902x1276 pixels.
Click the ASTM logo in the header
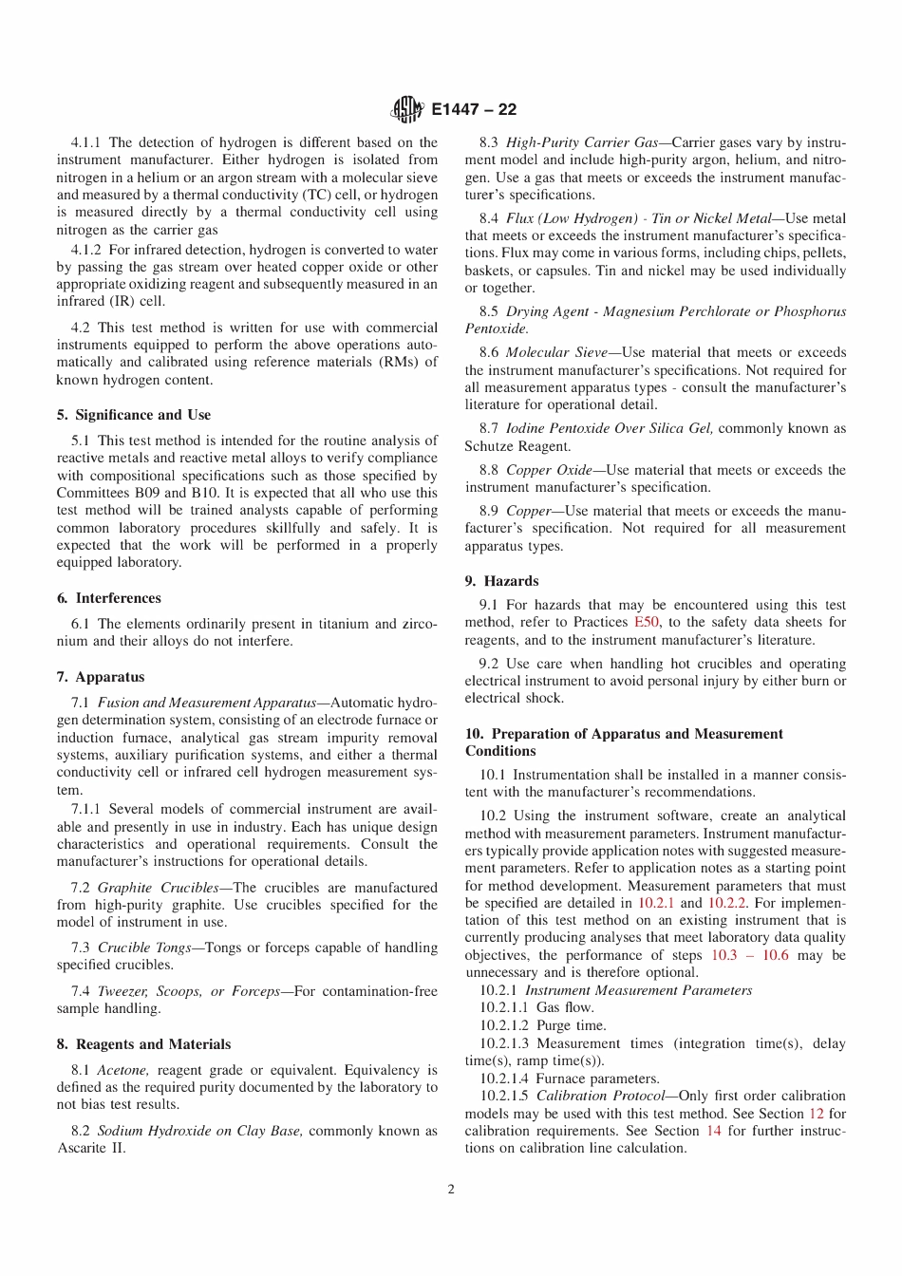(x=407, y=110)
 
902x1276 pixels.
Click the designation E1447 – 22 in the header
(x=474, y=110)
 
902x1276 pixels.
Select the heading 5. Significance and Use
(x=134, y=415)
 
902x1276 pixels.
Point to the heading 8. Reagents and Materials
(x=143, y=1044)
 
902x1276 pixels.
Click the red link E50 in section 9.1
(x=646, y=622)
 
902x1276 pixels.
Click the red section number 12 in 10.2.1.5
(x=816, y=1114)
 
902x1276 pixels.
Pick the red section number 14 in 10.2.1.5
(x=713, y=1131)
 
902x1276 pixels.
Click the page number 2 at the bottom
(x=451, y=1189)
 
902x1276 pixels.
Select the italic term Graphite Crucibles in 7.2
(x=158, y=888)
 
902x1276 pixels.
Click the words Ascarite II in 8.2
(x=91, y=1148)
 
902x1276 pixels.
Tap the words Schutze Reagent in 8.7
(x=517, y=446)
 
